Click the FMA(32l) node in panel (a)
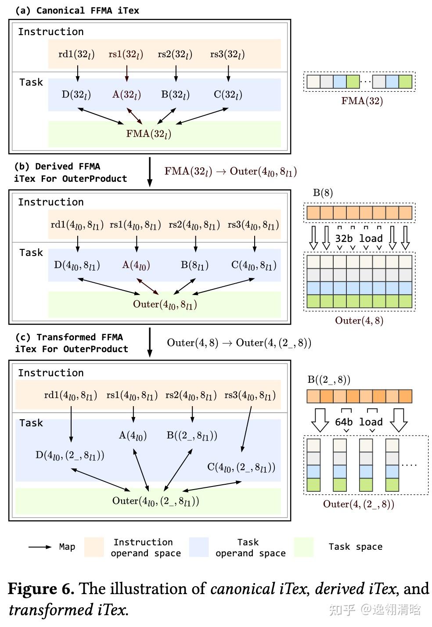pyautogui.click(x=148, y=134)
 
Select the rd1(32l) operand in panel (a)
pyautogui.click(x=76, y=54)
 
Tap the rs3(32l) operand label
pyautogui.click(x=227, y=54)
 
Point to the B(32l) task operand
pyautogui.click(x=175, y=94)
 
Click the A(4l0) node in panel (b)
pyautogui.click(x=136, y=265)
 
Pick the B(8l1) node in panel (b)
pyautogui.click(x=194, y=265)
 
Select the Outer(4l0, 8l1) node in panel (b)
pyautogui.click(x=165, y=304)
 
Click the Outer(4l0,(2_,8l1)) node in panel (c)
pyautogui.click(x=155, y=501)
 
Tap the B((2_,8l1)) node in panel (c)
pyautogui.click(x=192, y=436)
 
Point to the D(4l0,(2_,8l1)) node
pyautogui.click(x=70, y=455)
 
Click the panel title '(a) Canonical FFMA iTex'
pyautogui.click(x=77, y=11)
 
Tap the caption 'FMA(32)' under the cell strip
pyautogui.click(x=362, y=101)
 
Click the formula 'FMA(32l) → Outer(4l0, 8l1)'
pyautogui.click(x=230, y=172)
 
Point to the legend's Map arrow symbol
pyautogui.click(x=40, y=547)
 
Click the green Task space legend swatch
pyautogui.click(x=303, y=547)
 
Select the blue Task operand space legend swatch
pyautogui.click(x=199, y=547)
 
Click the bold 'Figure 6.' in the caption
pyautogui.click(x=41, y=589)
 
